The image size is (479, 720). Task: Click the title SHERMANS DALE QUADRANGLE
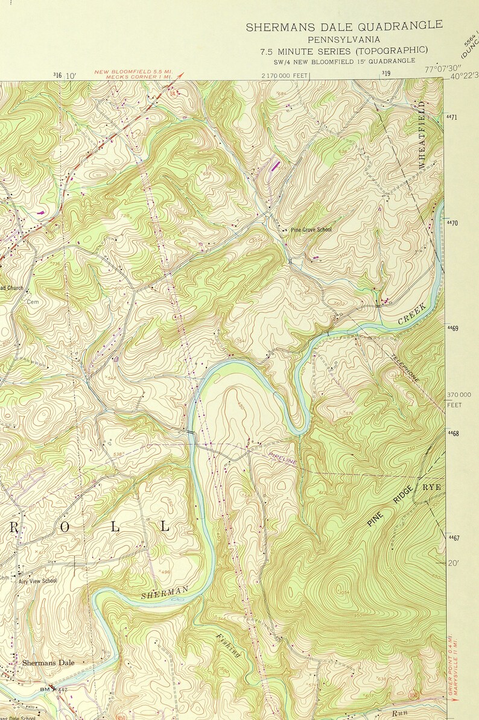pyautogui.click(x=344, y=26)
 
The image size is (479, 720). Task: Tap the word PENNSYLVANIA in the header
pyautogui.click(x=344, y=39)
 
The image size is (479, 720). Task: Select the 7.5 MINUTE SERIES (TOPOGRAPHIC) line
pyautogui.click(x=344, y=50)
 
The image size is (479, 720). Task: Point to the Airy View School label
pyautogui.click(x=37, y=581)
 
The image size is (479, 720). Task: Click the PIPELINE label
pyautogui.click(x=283, y=459)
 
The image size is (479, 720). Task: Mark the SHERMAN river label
pyautogui.click(x=165, y=592)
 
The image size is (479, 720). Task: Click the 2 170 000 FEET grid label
pyautogui.click(x=285, y=76)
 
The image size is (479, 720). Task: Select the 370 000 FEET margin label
pyautogui.click(x=459, y=399)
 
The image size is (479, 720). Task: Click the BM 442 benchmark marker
pyautogui.click(x=53, y=688)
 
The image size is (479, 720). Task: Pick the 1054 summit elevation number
pyautogui.click(x=344, y=593)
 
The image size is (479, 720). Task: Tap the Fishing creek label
pyautogui.click(x=229, y=645)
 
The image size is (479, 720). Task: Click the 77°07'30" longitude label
pyautogui.click(x=442, y=69)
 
